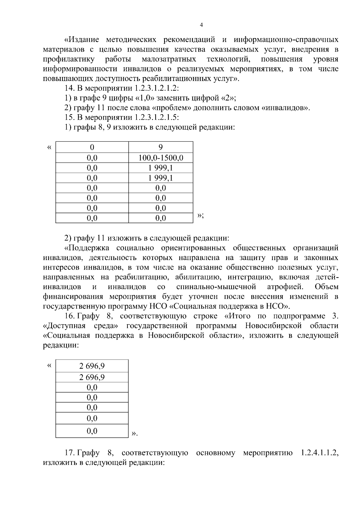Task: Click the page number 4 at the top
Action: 201,25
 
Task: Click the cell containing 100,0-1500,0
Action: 161,158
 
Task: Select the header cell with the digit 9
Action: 161,147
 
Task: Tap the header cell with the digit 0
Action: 92,147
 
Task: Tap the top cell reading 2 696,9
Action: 92,366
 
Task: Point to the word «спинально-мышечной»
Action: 216,287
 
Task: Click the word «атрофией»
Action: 285,287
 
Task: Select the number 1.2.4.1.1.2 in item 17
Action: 319,453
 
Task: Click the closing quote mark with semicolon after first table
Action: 201,215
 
